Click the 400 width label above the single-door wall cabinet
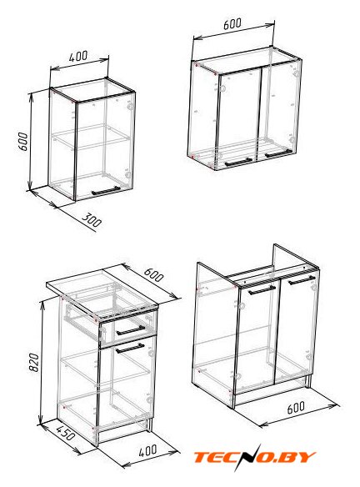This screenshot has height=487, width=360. click(78, 56)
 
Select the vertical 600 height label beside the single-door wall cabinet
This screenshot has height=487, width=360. click(24, 142)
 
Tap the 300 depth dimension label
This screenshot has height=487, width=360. click(92, 220)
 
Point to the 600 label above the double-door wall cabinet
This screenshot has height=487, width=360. click(232, 24)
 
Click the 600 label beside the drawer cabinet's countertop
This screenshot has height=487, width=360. click(153, 274)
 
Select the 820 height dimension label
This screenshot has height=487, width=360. click(34, 363)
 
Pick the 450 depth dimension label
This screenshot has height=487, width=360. click(65, 433)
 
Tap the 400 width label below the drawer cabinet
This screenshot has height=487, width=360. click(147, 450)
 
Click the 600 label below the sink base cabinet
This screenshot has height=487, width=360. click(296, 408)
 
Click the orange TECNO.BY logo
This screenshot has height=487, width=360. click(254, 457)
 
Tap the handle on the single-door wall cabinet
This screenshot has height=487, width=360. click(106, 191)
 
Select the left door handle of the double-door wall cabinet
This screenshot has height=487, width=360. click(238, 162)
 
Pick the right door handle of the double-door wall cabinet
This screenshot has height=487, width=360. click(278, 153)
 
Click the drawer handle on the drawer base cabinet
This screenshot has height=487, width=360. click(131, 330)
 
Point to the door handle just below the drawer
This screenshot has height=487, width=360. click(130, 349)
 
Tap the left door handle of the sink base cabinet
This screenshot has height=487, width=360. click(262, 290)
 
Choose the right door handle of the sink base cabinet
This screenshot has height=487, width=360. click(302, 280)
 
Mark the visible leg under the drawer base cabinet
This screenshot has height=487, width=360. click(150, 424)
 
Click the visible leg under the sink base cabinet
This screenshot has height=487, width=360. click(307, 381)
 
